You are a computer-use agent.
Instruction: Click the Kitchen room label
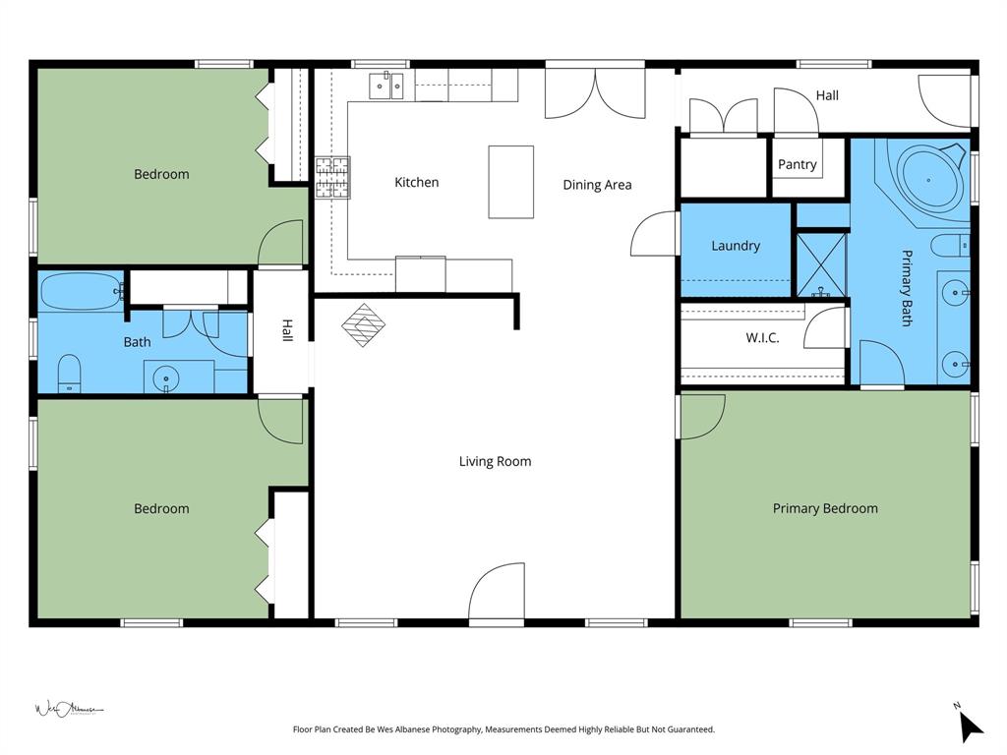416,182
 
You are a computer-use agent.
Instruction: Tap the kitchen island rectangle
511,182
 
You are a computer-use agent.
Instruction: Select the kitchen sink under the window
385,87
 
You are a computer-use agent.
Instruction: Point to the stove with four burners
332,177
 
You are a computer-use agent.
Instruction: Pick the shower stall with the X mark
820,263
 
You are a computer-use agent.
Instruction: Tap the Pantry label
797,164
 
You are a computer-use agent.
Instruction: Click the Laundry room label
736,246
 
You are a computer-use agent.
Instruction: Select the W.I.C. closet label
762,337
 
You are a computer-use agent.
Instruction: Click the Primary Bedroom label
825,508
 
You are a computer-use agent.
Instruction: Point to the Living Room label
495,461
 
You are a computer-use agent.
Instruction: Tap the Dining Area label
597,184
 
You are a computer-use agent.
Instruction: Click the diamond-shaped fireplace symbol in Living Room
364,325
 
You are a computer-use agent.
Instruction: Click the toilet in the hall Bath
69,374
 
